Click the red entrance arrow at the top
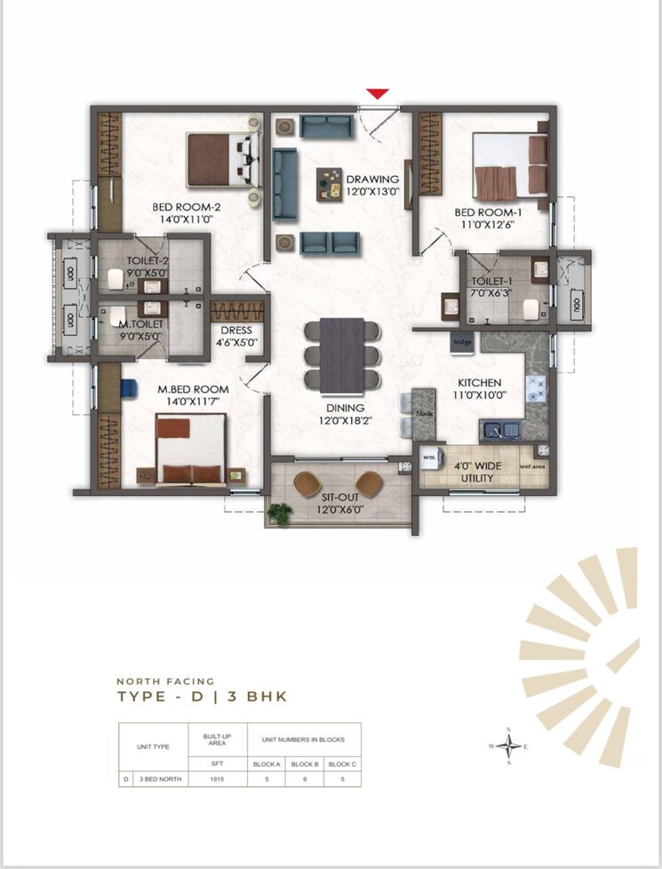pyautogui.click(x=378, y=93)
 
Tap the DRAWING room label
pyautogui.click(x=372, y=179)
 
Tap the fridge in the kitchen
pyautogui.click(x=462, y=341)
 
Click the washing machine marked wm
pyautogui.click(x=430, y=455)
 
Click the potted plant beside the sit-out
pyautogui.click(x=282, y=513)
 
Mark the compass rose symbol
pyautogui.click(x=508, y=746)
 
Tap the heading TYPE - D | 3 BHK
pyautogui.click(x=202, y=697)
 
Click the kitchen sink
pyautogui.click(x=499, y=432)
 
